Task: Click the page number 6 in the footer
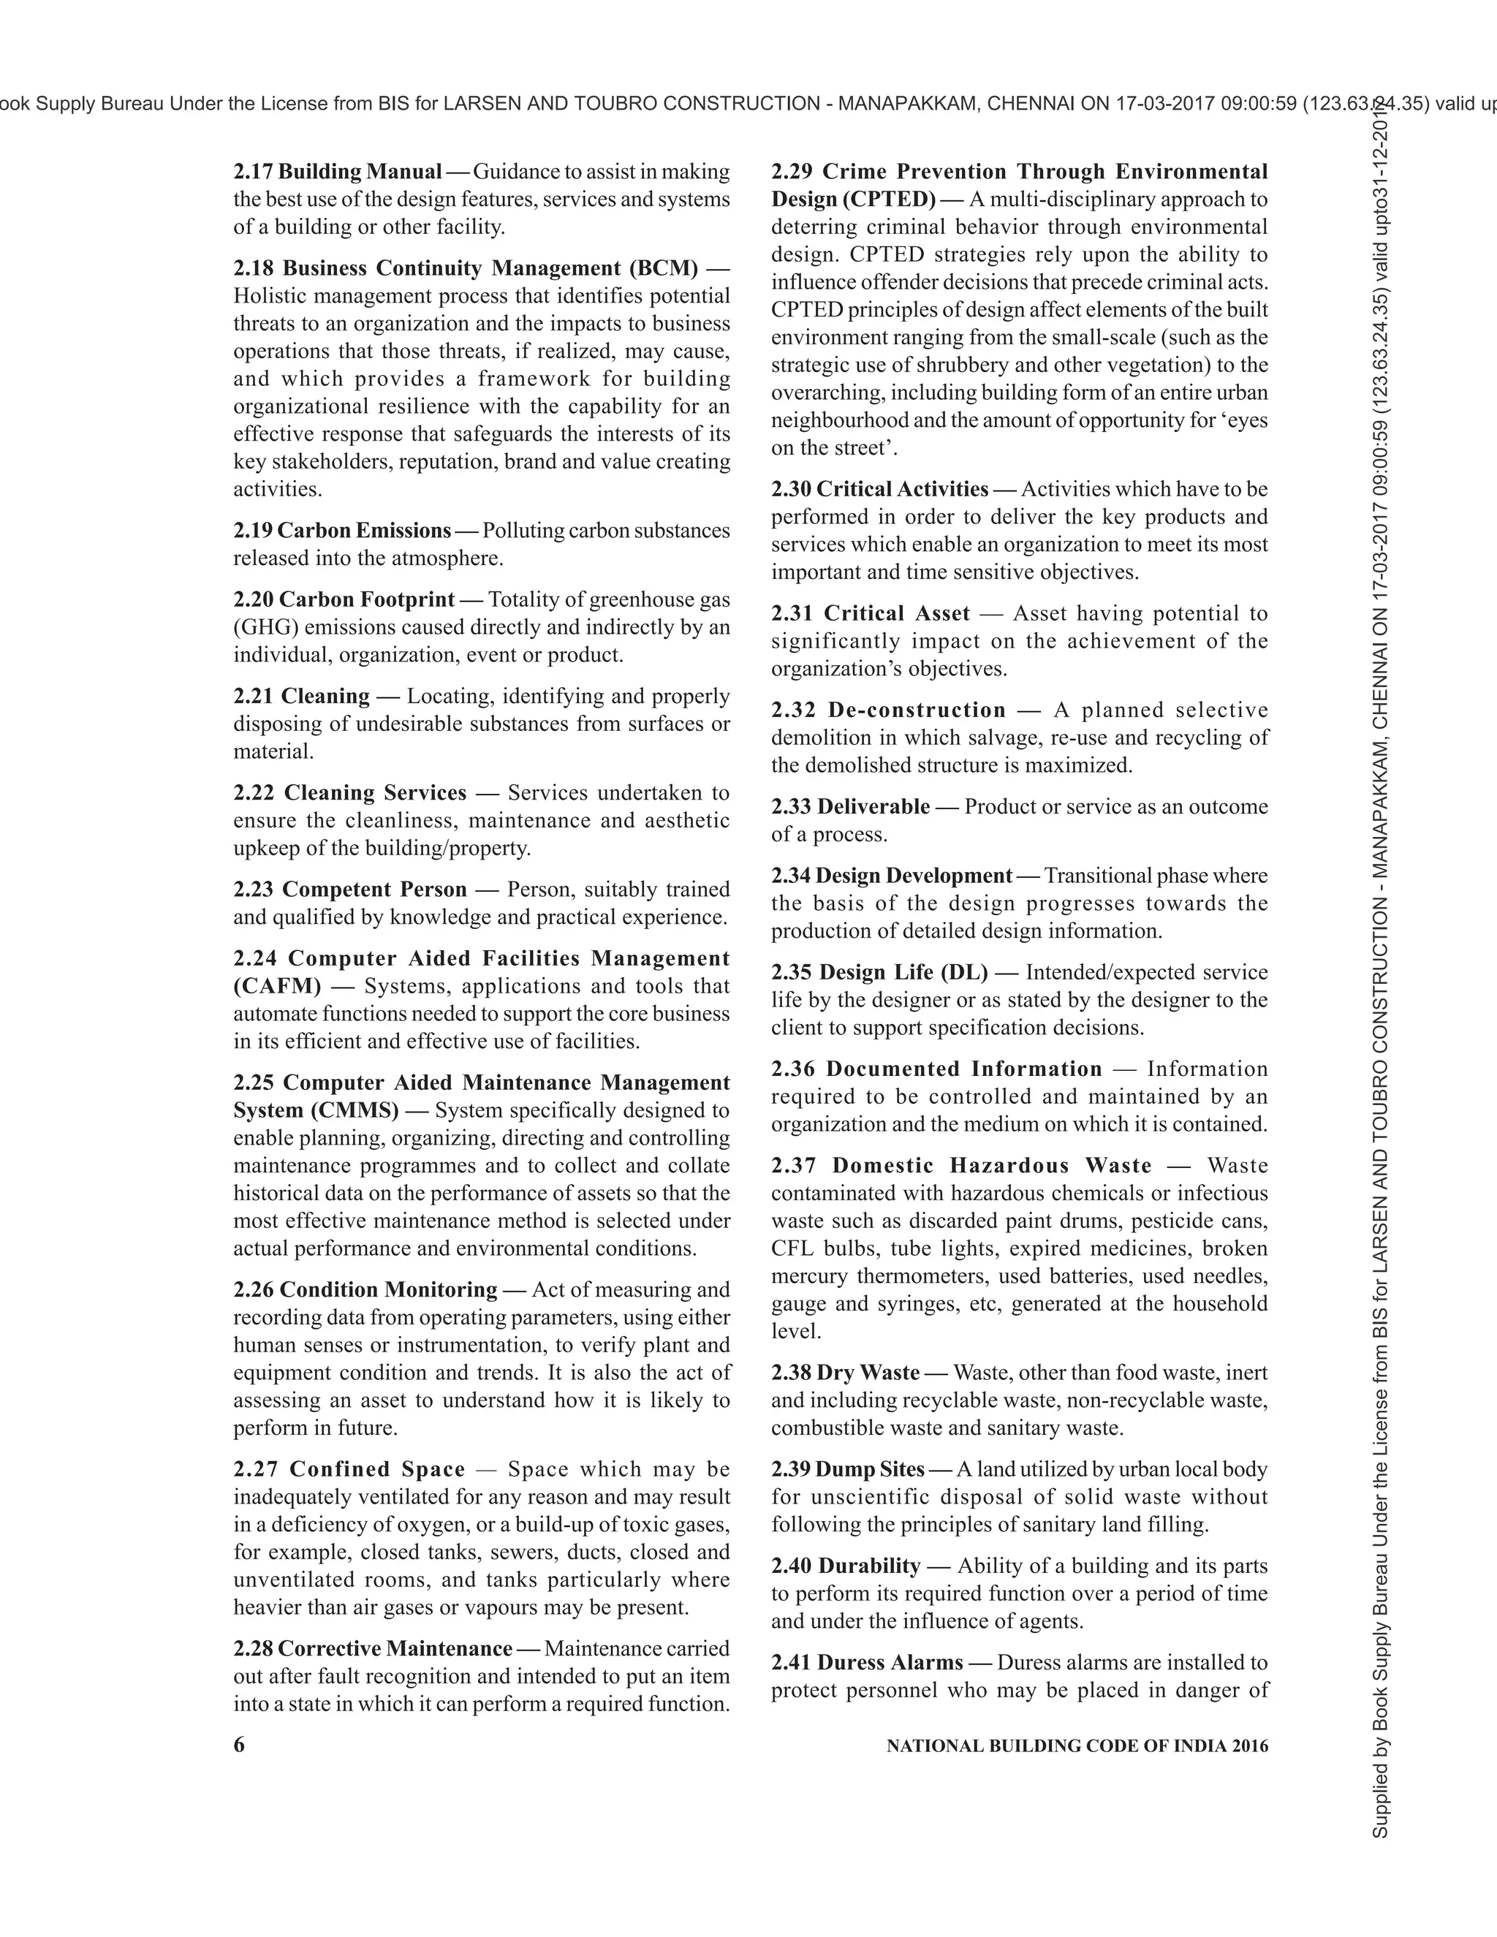238,1745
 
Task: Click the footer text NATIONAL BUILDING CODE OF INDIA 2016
1077,1745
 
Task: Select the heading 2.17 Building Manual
337,171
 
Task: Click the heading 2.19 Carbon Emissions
342,531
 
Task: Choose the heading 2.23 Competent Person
349,889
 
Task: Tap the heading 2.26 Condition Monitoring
365,1289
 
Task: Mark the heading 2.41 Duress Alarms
866,1662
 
